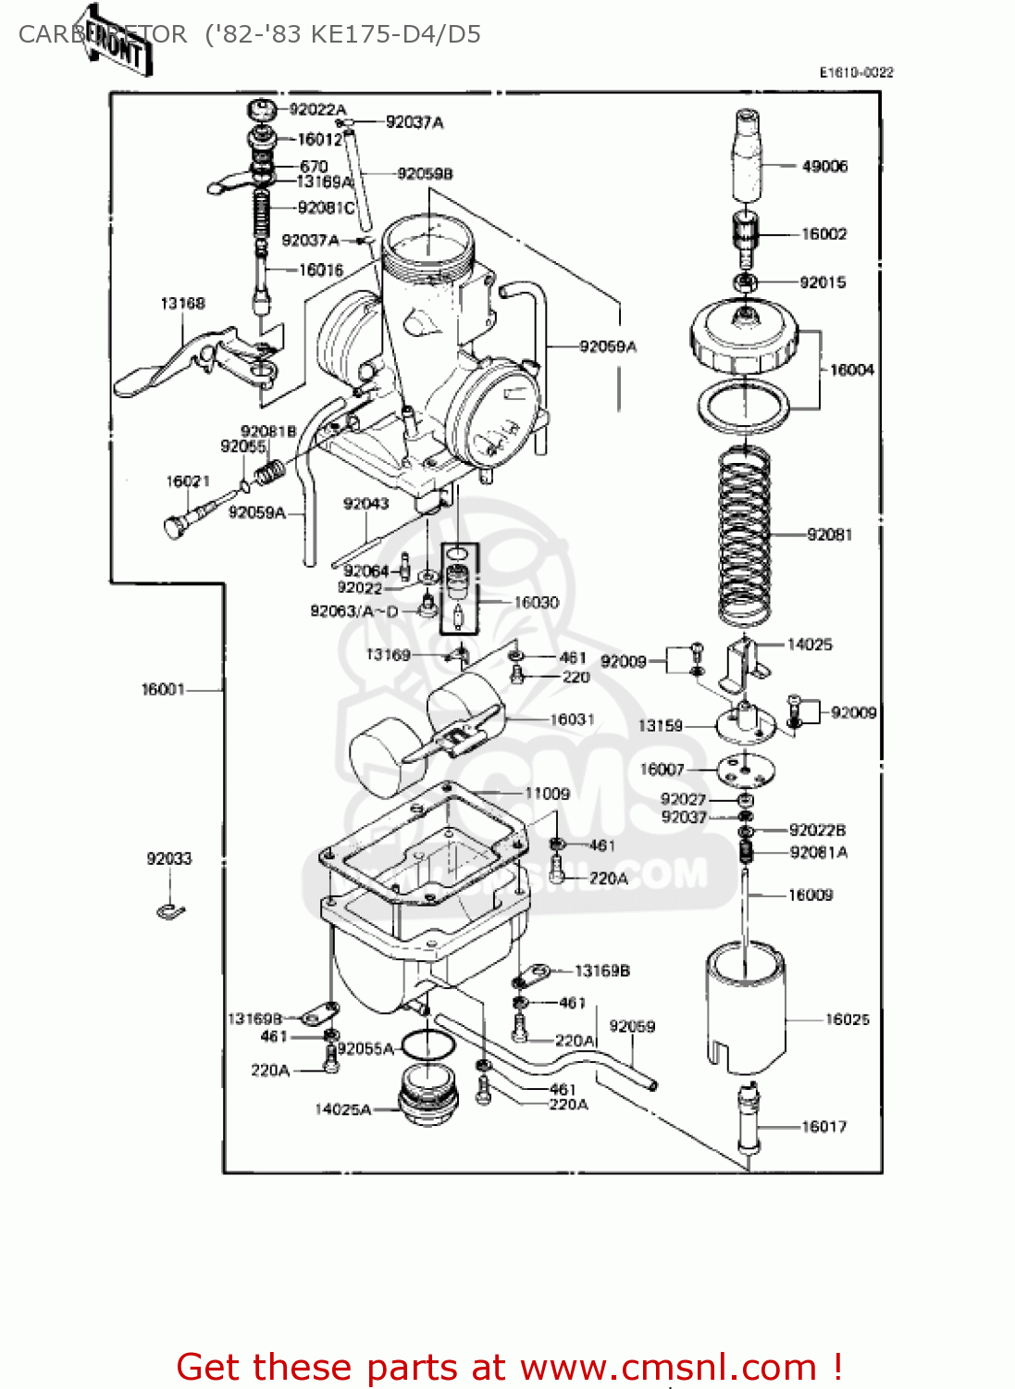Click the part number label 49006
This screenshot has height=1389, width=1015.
coord(824,167)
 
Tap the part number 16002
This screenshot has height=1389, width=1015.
coord(823,234)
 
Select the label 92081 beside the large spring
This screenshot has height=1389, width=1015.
coord(829,534)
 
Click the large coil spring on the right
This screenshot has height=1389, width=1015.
coord(745,535)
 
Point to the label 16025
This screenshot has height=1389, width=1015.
coord(848,1020)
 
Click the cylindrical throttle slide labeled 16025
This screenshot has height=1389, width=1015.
coord(746,1009)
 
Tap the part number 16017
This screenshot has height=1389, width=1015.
coord(823,1127)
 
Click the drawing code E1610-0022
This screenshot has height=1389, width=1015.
coord(856,72)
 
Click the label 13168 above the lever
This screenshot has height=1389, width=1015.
coord(182,304)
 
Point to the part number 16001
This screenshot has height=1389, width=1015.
coord(163,689)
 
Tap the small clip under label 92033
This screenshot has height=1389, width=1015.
coord(170,912)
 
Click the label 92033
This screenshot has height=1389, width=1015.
coord(169,858)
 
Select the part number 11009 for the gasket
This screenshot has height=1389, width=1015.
coord(547,794)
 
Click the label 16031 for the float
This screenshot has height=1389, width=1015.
coord(572,720)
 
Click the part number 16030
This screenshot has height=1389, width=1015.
coord(537,602)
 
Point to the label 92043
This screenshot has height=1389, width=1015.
coord(365,504)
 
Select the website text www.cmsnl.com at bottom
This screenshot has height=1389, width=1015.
coord(668,1367)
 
